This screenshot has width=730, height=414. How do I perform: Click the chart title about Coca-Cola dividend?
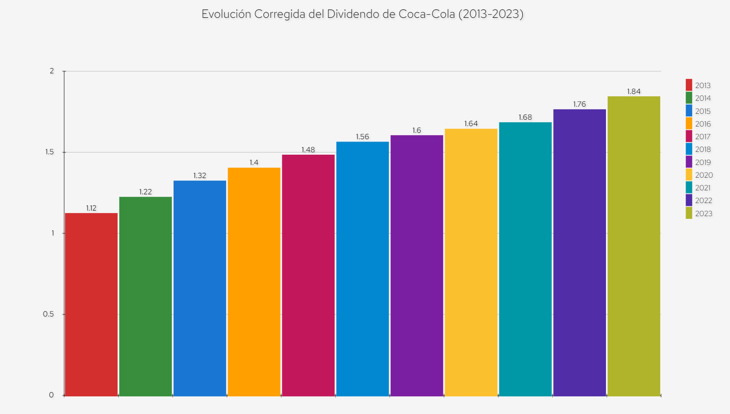pos(362,14)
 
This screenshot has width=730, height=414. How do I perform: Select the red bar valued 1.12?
pos(91,304)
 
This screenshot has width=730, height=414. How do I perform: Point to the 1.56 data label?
pos(362,137)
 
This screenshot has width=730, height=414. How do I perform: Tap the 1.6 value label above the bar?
pos(417,130)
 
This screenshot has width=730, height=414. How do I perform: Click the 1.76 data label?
pos(579,105)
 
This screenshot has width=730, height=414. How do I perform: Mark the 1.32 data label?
pos(200,176)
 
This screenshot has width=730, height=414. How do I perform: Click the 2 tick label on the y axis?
pos(51,71)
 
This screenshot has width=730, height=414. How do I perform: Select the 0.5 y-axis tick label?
pos(48,314)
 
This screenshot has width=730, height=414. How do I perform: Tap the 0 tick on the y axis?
pos(51,395)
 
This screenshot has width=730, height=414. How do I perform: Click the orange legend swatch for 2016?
pos(689,124)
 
